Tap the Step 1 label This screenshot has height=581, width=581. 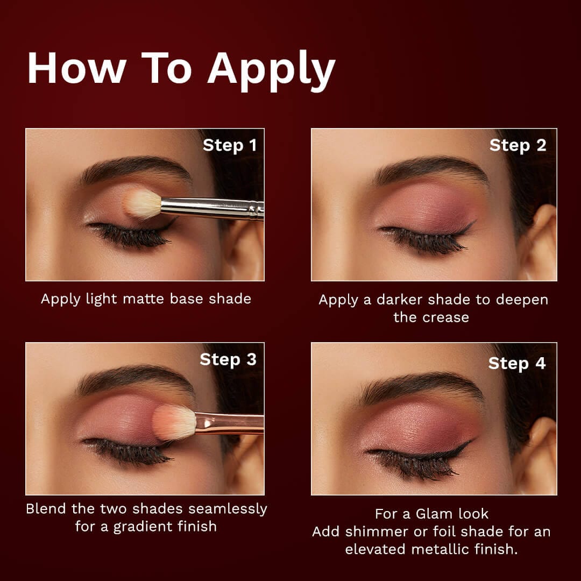(230, 146)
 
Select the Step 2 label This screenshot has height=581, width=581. (518, 146)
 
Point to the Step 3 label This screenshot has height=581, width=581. (228, 360)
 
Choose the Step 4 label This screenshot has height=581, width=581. (517, 364)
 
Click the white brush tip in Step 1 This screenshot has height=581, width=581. (142, 203)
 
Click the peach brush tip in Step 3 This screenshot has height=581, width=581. (174, 422)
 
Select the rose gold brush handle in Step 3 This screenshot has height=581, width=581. (230, 423)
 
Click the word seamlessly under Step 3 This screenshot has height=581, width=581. (228, 509)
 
